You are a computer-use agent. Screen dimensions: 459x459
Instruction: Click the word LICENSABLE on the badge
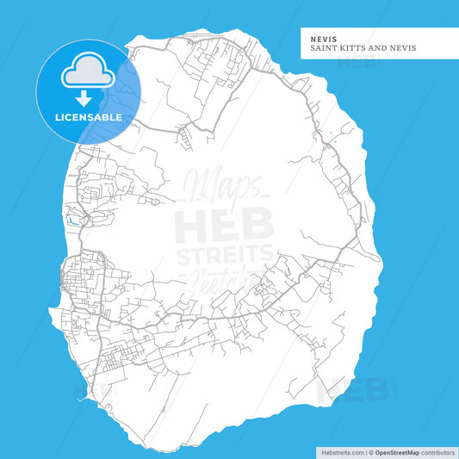tap(88, 116)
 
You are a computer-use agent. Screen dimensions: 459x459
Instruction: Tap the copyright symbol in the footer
tap(371, 452)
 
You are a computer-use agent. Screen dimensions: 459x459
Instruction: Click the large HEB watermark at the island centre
tap(224, 226)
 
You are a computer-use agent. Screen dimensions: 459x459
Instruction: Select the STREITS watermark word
tap(224, 255)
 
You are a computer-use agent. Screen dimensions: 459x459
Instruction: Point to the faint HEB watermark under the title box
tap(354, 63)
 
